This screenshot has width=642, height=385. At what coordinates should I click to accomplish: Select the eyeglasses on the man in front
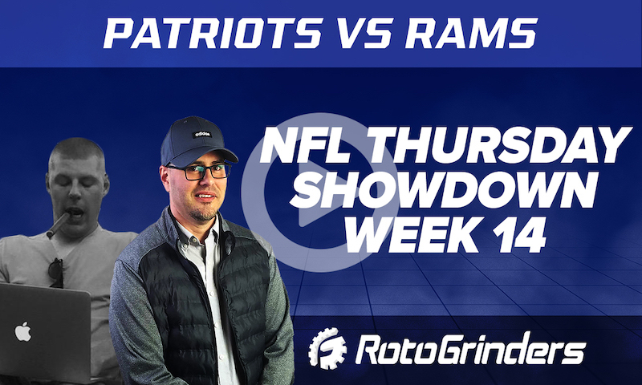[197, 171]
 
